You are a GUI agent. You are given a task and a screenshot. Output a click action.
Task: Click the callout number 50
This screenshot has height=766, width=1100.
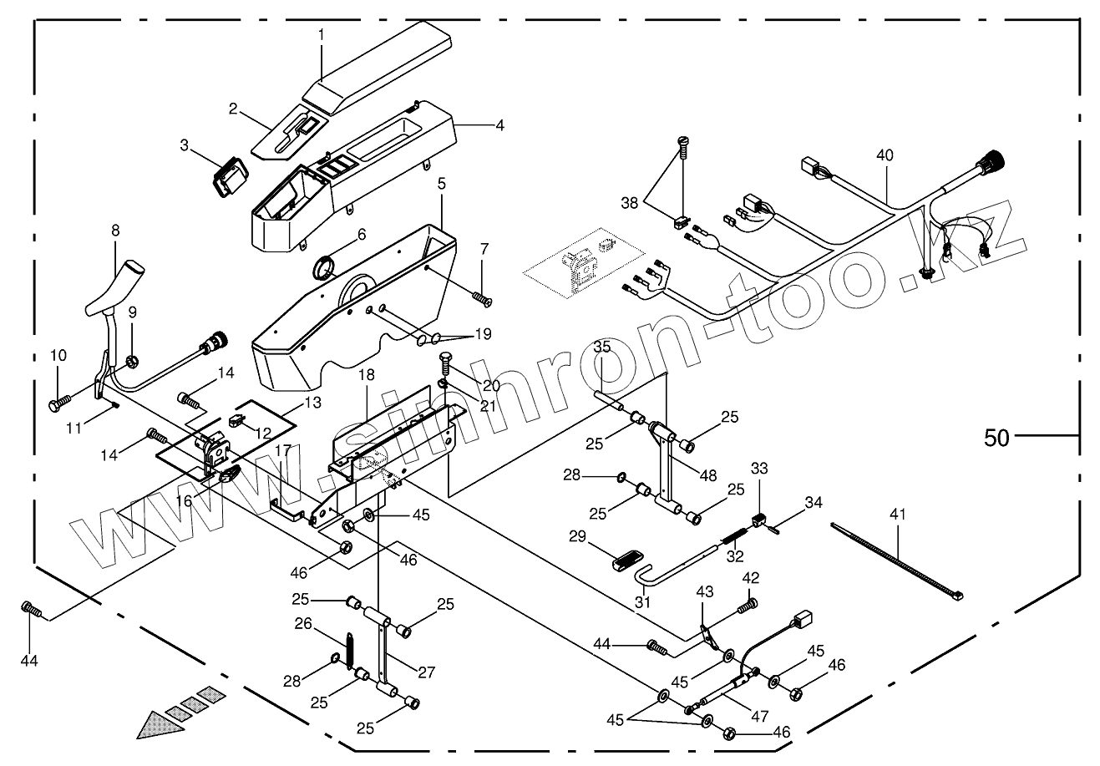coord(996,437)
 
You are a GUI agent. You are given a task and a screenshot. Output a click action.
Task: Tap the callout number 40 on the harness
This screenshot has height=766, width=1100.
coord(885,155)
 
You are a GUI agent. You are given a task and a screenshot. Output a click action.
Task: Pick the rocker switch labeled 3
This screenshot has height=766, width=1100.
coord(228,177)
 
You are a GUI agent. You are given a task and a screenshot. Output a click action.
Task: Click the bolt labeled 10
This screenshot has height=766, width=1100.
coord(58,404)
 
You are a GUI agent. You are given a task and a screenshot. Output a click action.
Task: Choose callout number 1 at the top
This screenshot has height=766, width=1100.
coord(322,35)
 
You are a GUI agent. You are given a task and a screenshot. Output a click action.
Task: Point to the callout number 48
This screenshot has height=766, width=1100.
coord(708,475)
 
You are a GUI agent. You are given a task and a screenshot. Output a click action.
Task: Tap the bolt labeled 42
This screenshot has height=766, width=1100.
coord(749,602)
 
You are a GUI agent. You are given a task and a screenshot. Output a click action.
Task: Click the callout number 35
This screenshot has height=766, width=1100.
coord(603,347)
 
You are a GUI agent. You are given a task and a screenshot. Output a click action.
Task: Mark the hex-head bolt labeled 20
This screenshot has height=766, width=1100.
coord(446,363)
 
